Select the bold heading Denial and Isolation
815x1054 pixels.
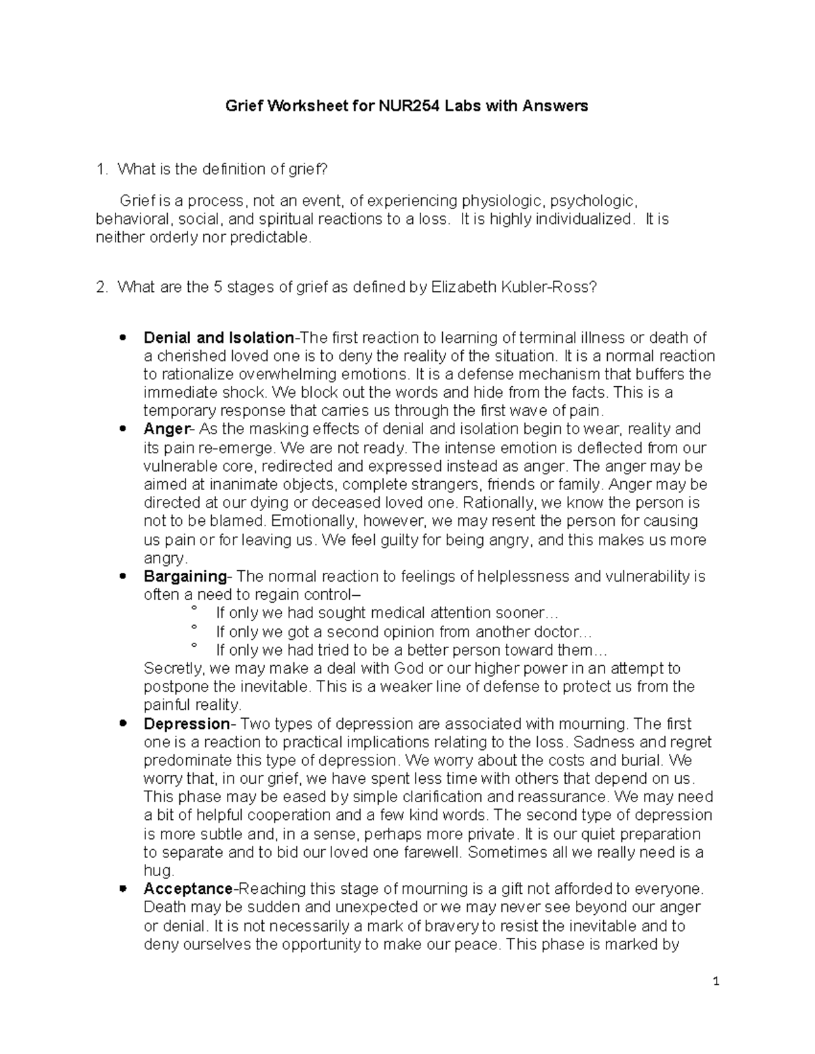coord(219,337)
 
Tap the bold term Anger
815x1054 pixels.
coord(166,429)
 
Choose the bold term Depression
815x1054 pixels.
coord(187,723)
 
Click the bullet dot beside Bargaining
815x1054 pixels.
coord(123,576)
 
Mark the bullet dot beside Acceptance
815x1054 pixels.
coord(123,889)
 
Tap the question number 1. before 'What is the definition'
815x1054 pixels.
coord(102,170)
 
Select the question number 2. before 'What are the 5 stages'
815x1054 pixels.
coord(102,287)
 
